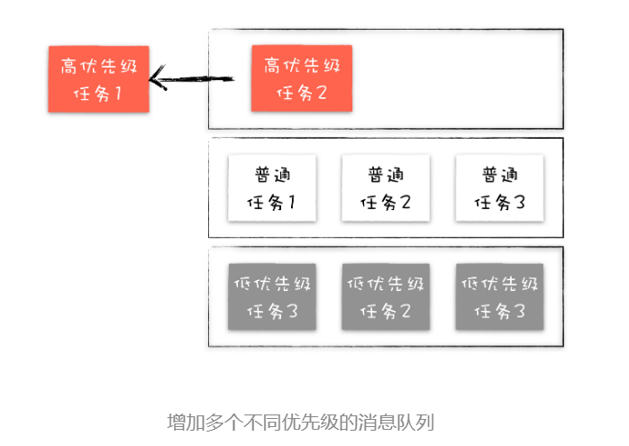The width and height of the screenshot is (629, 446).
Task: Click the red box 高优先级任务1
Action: [x=98, y=78]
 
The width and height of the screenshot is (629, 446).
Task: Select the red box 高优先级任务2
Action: [x=301, y=78]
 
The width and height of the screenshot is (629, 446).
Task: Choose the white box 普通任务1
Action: [x=272, y=187]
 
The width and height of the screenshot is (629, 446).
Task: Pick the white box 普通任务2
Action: [x=386, y=187]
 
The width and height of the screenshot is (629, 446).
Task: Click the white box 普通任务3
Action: [x=499, y=187]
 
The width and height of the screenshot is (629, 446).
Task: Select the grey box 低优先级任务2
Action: [x=386, y=296]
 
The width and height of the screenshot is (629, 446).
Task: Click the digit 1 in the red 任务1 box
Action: [x=116, y=93]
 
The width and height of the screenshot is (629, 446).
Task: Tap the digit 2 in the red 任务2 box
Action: [x=322, y=93]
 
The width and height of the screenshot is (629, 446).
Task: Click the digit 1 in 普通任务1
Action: [x=290, y=202]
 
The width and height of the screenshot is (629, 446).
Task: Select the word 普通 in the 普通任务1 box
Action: [x=272, y=174]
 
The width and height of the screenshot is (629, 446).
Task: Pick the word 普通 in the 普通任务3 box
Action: [x=499, y=174]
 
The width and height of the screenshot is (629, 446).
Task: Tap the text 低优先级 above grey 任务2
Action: [x=386, y=284]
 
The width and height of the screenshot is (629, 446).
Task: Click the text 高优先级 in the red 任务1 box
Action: [x=98, y=65]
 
